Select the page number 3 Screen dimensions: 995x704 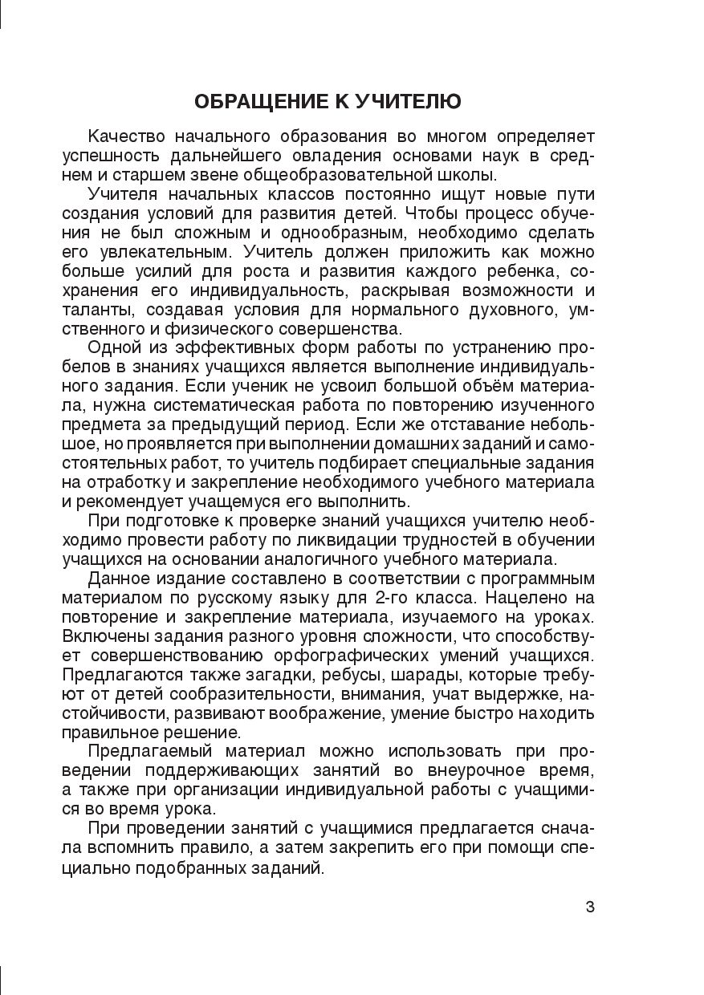[x=590, y=908]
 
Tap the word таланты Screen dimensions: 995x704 [x=94, y=310]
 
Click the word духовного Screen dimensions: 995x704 [x=470, y=310]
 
